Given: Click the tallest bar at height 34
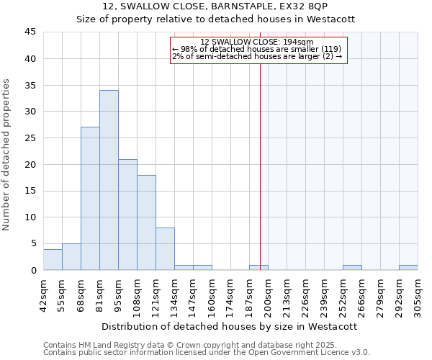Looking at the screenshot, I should pyautogui.click(x=109, y=180).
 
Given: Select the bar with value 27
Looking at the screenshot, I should pyautogui.click(x=90, y=199).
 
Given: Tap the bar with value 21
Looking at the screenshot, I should pyautogui.click(x=127, y=215).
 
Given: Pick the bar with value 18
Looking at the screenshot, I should pyautogui.click(x=146, y=222).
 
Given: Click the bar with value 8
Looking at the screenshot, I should pyautogui.click(x=165, y=249).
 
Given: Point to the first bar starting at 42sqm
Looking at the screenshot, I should pyautogui.click(x=53, y=260).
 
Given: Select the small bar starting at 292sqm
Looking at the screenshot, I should pyautogui.click(x=408, y=268).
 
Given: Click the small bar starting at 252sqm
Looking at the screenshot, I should pyautogui.click(x=352, y=268).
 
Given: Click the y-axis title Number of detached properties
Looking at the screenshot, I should pyautogui.click(x=7, y=155).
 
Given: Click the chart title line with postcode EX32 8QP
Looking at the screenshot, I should pyautogui.click(x=215, y=6).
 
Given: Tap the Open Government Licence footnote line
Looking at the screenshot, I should pyautogui.click(x=207, y=353).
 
